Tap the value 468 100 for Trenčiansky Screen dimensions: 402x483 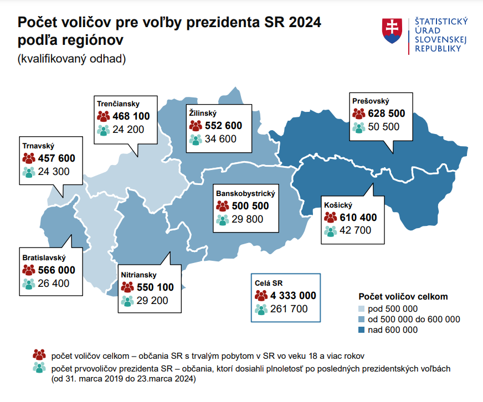[x=131, y=116]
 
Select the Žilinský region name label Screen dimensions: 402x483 [x=202, y=112]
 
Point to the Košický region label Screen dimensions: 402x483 [x=337, y=205]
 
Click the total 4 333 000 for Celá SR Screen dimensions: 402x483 [x=294, y=296]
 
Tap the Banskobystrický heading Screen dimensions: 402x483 [x=245, y=194]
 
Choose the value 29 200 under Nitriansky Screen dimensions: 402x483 [x=155, y=301]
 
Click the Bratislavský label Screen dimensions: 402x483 [x=44, y=258]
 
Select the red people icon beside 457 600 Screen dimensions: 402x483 [x=29, y=158]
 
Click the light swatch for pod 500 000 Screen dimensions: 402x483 [x=361, y=309]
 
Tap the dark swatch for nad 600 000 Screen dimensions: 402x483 [x=361, y=330]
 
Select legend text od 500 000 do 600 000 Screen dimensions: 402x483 [x=414, y=319]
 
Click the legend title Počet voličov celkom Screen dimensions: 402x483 [x=403, y=297]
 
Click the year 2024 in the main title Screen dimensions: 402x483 [x=301, y=23]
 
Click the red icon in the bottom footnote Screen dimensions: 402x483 [x=39, y=354]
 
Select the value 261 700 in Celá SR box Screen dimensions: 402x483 [x=289, y=309]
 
